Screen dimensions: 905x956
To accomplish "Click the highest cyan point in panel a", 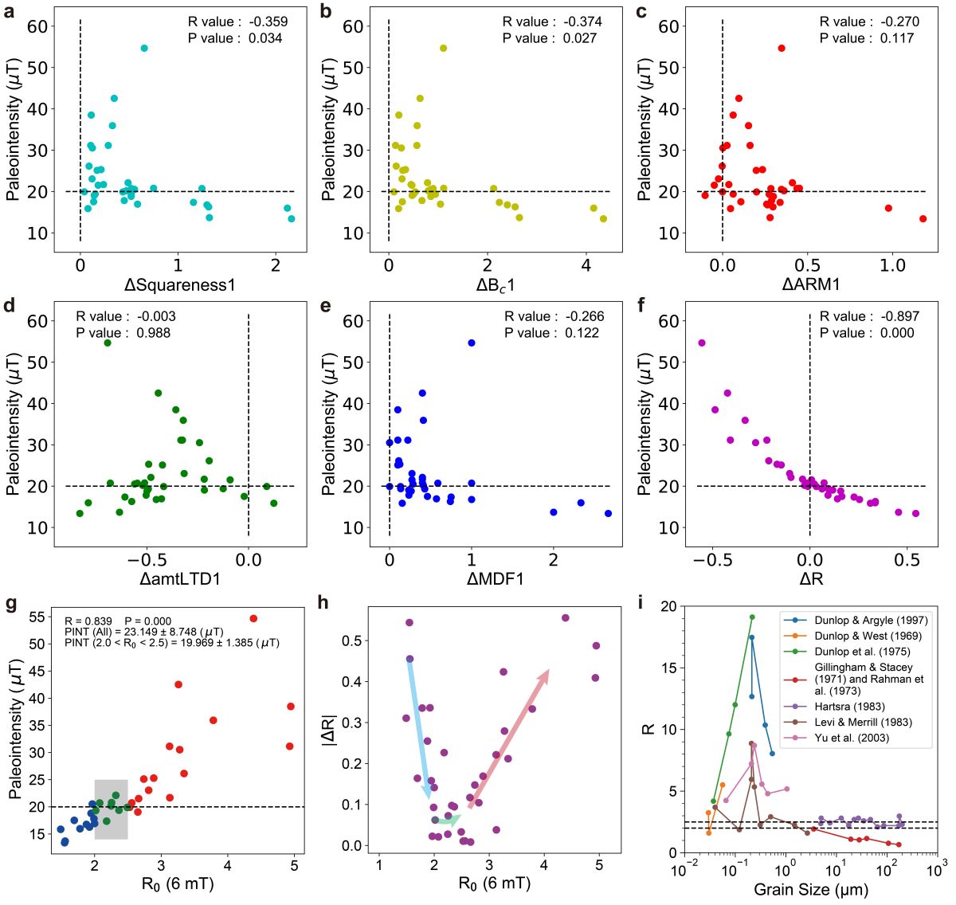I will click(144, 49).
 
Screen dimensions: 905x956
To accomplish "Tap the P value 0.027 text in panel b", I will click(550, 38).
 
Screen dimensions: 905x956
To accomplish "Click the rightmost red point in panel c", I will click(923, 219).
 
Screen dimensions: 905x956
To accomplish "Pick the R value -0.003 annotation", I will click(126, 316).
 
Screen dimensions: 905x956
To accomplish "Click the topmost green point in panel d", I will click(108, 343).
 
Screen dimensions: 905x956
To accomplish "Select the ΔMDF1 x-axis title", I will click(495, 579).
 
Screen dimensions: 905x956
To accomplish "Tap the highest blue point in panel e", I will click(472, 343).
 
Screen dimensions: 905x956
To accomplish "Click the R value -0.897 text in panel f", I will click(869, 316).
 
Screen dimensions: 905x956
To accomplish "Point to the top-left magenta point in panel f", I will click(702, 343).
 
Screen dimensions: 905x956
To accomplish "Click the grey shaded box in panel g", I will click(111, 809).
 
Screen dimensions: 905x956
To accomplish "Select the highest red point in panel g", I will click(253, 618).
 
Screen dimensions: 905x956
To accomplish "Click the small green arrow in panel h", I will click(448, 820).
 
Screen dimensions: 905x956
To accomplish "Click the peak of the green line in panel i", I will click(751, 617).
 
